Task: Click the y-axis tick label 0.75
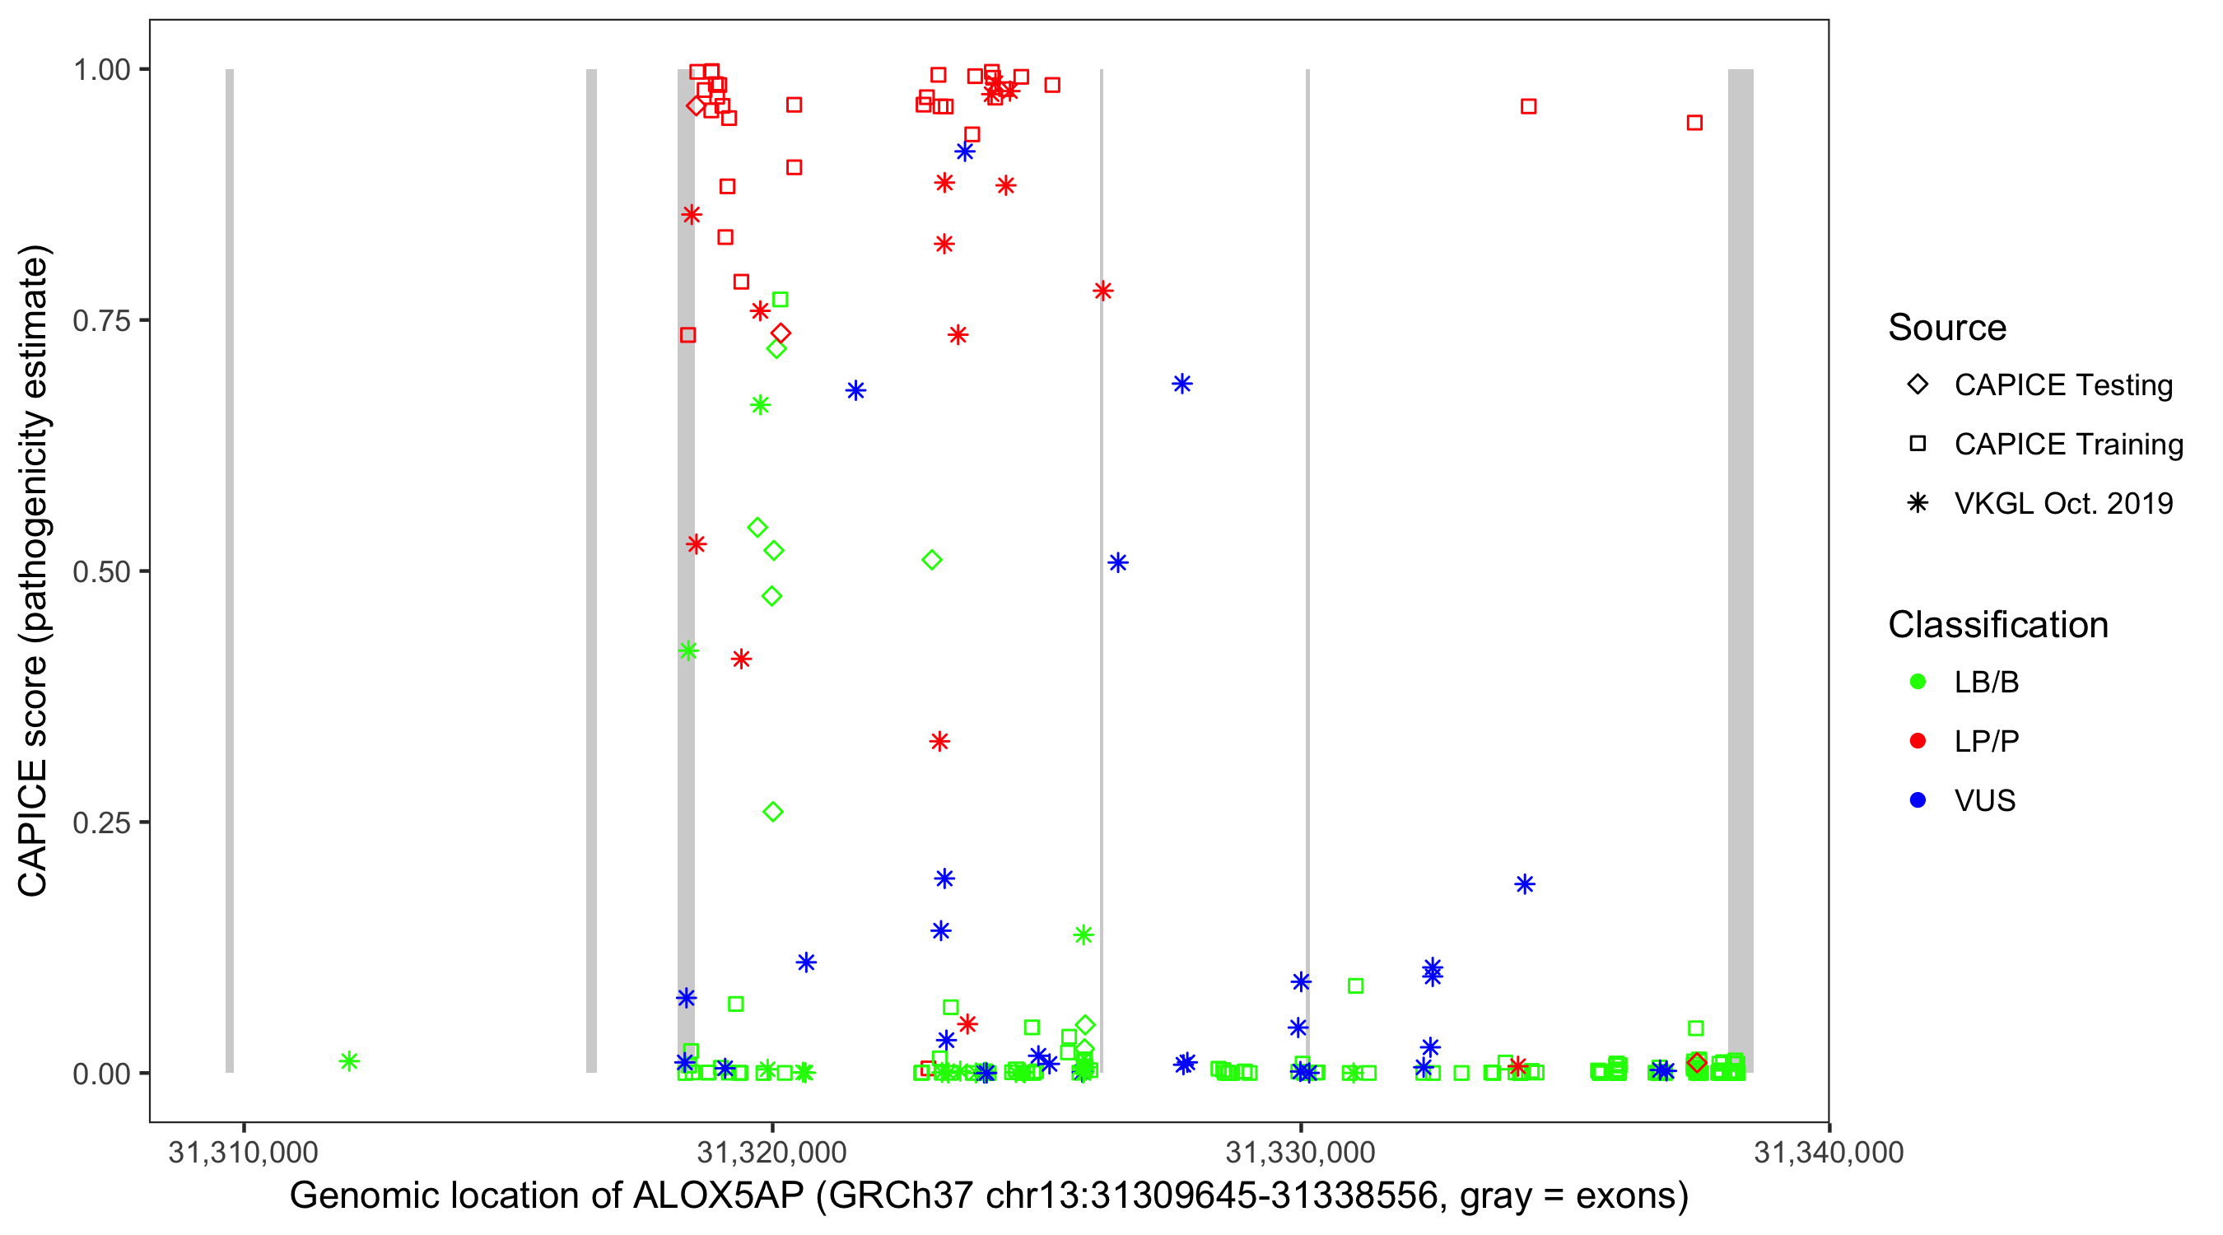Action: (x=100, y=321)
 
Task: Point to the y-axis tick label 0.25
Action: (x=100, y=823)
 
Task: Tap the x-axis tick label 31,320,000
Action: (x=771, y=1152)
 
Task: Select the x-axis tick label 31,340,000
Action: (x=1828, y=1152)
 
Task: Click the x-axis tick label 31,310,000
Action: (x=244, y=1152)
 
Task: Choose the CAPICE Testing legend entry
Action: (x=2062, y=385)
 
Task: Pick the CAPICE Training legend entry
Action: (x=2067, y=445)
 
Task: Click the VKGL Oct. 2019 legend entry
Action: (x=2062, y=504)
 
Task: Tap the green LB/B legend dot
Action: (x=1918, y=682)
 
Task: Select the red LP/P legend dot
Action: (x=1918, y=741)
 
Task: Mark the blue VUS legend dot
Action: (x=1918, y=801)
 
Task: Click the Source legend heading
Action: (x=1947, y=328)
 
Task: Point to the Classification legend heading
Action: (x=1997, y=625)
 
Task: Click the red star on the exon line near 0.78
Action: (x=1102, y=291)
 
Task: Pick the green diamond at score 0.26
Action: (x=773, y=812)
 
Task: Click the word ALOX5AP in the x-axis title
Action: (x=718, y=1196)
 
